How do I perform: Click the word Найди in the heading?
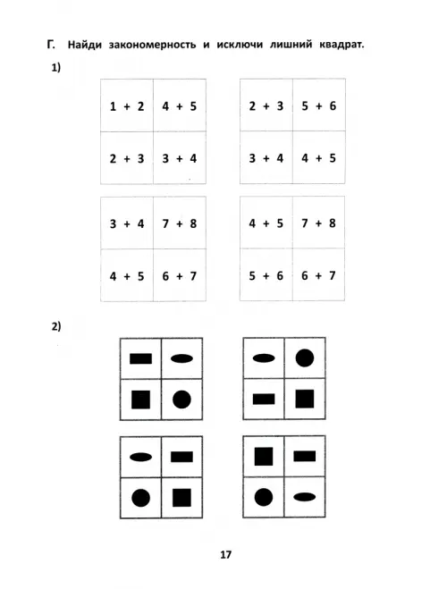click(x=85, y=45)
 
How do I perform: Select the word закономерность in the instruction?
click(x=152, y=45)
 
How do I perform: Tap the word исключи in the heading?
click(x=240, y=45)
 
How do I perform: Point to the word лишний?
click(x=291, y=45)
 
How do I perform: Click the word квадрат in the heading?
click(x=342, y=45)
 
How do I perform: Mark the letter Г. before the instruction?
click(x=51, y=45)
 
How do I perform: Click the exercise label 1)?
click(x=56, y=68)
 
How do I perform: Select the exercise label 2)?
click(x=56, y=326)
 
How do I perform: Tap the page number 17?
click(x=226, y=554)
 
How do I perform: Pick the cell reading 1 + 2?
click(x=127, y=106)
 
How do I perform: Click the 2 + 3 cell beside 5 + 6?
click(x=266, y=106)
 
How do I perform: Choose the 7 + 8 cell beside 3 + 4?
click(x=179, y=223)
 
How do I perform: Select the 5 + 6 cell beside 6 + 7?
click(x=266, y=275)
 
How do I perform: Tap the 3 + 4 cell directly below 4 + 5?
click(x=179, y=158)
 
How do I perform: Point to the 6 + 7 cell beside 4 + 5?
click(x=179, y=276)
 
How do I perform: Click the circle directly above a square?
click(x=305, y=358)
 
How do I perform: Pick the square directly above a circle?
click(x=264, y=457)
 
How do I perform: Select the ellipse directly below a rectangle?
click(x=304, y=497)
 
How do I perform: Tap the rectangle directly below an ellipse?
click(x=264, y=399)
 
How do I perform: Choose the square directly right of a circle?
click(x=181, y=498)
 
